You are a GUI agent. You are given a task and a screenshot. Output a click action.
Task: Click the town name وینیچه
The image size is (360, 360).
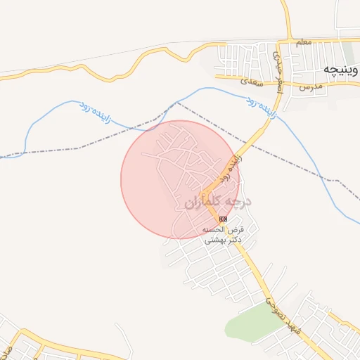(x=342, y=70)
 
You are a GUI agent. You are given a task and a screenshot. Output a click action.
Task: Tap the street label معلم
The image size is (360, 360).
(x=304, y=44)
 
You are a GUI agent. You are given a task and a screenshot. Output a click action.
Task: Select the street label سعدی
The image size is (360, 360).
(x=250, y=82)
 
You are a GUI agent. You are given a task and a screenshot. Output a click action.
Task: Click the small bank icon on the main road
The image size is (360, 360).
(x=223, y=219)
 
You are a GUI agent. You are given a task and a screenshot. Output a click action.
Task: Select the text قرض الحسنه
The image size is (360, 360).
(x=223, y=230)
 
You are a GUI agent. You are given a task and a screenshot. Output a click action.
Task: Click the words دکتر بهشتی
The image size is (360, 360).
(x=223, y=240)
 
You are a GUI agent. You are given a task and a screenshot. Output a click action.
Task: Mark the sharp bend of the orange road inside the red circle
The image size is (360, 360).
(x=204, y=193)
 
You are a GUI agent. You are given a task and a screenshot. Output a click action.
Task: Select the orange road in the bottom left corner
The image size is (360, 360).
(x=42, y=344)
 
